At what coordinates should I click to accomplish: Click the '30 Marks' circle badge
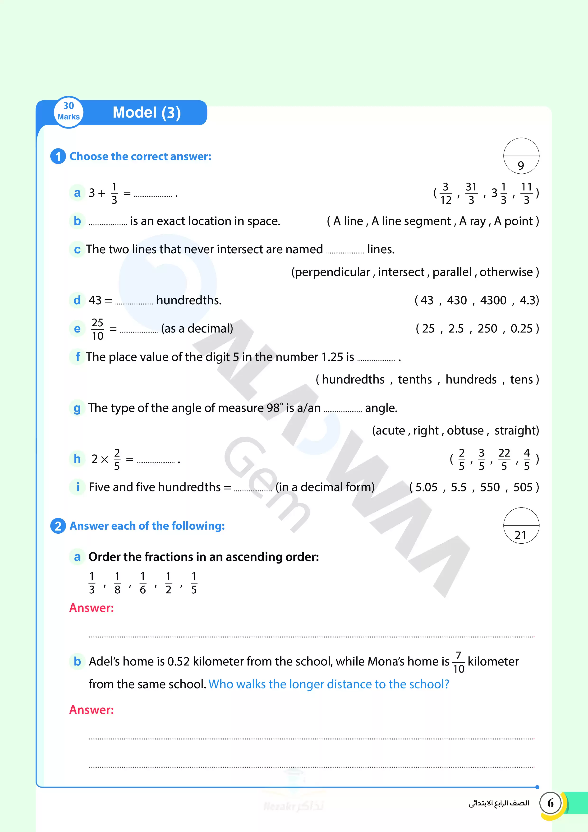pos(69,112)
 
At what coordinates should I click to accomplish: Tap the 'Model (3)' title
pos(147,113)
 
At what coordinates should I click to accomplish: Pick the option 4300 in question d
pos(493,300)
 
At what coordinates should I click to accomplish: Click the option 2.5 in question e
pos(456,329)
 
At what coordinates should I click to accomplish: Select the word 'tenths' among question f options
pos(415,379)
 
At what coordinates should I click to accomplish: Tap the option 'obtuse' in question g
pos(465,430)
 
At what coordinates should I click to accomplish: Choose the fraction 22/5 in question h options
pos(504,459)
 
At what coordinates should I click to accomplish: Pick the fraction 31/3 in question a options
pos(471,193)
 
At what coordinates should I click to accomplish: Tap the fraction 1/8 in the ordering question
pos(117,583)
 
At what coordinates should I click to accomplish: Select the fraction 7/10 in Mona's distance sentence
pos(458,662)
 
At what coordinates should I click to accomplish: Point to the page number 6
pos(550,803)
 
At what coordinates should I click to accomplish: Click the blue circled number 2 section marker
pos(58,526)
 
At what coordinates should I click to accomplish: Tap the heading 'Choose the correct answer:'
pos(140,157)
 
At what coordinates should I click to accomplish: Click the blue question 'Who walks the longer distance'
pos(329,684)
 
